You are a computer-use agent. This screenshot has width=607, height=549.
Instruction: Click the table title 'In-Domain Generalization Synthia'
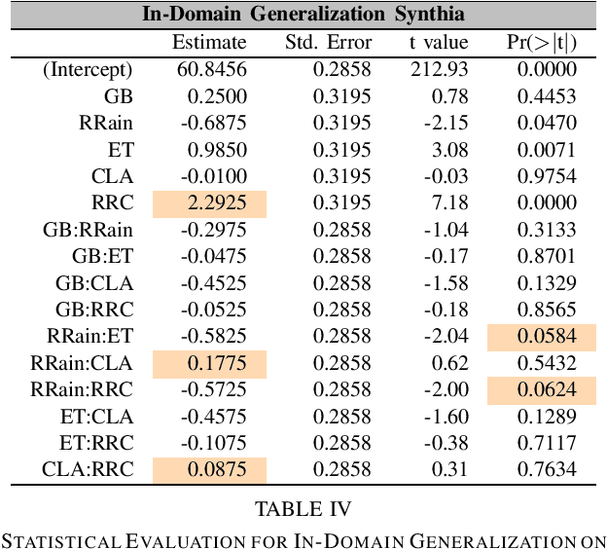[x=303, y=15]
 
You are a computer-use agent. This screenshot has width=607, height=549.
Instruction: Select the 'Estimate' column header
[x=209, y=43]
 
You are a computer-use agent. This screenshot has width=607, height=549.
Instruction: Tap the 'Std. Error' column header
[x=328, y=43]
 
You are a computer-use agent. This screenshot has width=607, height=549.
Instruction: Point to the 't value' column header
[x=439, y=43]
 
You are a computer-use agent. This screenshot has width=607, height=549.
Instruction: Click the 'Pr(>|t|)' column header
[x=543, y=43]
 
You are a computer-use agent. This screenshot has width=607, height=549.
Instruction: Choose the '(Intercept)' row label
[x=88, y=70]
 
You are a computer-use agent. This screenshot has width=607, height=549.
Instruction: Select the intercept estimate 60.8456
[x=213, y=70]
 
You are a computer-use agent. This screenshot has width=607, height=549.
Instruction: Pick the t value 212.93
[x=443, y=70]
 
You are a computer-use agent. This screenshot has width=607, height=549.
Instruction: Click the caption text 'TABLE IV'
[x=303, y=509]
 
